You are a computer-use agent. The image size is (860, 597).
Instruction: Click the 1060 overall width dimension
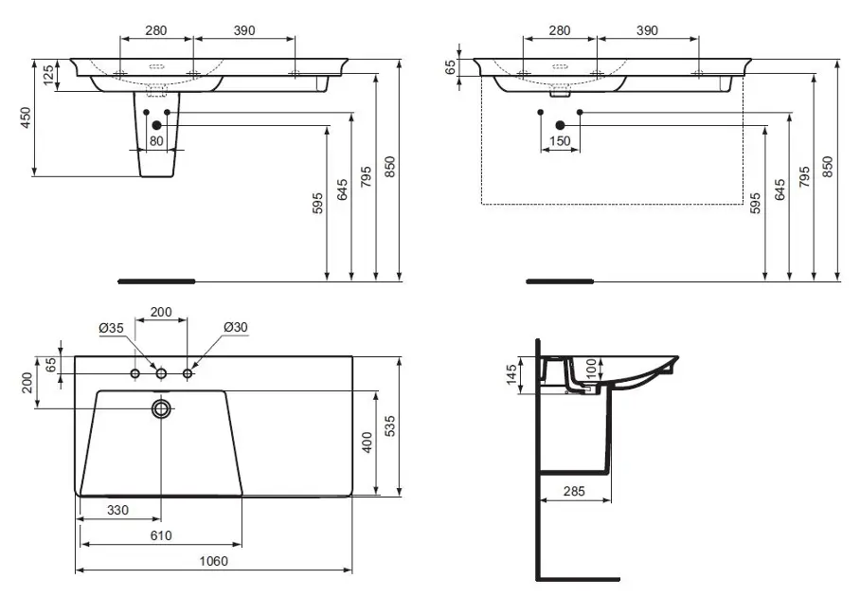[214, 560]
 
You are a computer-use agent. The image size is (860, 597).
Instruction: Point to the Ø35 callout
[112, 328]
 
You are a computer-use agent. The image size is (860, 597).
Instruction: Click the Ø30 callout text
[235, 328]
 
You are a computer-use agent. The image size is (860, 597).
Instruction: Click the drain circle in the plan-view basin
[162, 408]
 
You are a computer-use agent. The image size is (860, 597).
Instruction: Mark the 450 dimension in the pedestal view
[27, 117]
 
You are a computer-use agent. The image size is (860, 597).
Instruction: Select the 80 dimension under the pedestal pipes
[156, 142]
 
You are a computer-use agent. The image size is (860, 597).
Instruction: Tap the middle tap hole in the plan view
[162, 374]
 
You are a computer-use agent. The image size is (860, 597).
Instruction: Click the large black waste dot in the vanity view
[560, 125]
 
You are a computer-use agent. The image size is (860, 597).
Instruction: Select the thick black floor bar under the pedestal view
[156, 281]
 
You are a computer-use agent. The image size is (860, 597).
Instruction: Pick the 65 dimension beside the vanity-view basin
[450, 67]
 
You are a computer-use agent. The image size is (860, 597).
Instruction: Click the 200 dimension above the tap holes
[161, 312]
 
